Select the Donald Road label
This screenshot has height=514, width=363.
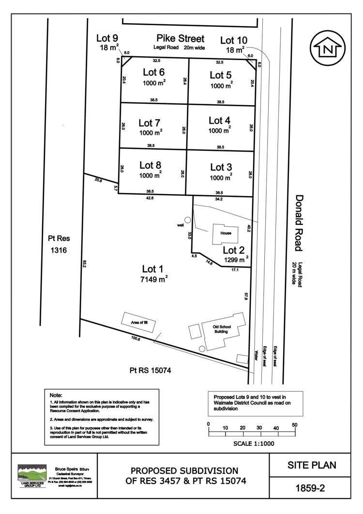tap(299, 223)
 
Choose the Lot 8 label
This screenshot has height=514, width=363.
tap(150, 165)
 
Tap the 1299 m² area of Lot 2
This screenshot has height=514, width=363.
tap(236, 260)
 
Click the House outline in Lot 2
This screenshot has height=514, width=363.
tap(224, 234)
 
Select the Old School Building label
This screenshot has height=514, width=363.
tap(222, 329)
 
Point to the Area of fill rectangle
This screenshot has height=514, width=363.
tap(138, 321)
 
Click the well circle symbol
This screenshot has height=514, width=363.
tap(187, 220)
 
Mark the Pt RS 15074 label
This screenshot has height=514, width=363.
tap(151, 370)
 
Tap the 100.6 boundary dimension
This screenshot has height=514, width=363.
tap(136, 339)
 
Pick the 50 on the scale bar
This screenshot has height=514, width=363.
tap(294, 425)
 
